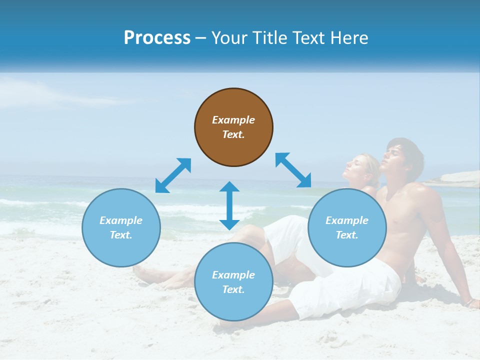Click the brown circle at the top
click(x=233, y=127)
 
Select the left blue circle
click(x=121, y=227)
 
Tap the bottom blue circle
click(x=233, y=282)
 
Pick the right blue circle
click(x=347, y=227)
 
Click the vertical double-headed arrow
click(x=229, y=205)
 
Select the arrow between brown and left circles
click(x=173, y=175)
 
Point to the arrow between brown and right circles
click(x=293, y=170)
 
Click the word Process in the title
click(x=157, y=38)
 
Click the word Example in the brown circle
click(x=233, y=120)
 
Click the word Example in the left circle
click(x=121, y=220)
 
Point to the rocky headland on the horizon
click(x=455, y=178)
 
